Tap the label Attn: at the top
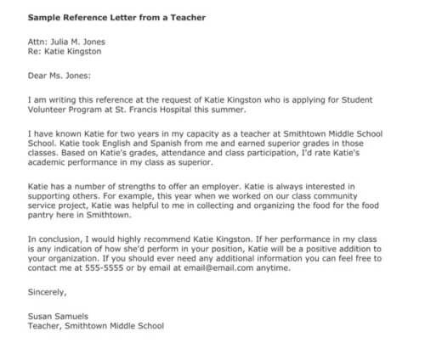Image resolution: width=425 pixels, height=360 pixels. tap(40, 41)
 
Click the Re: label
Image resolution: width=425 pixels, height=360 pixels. tap(36, 51)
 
